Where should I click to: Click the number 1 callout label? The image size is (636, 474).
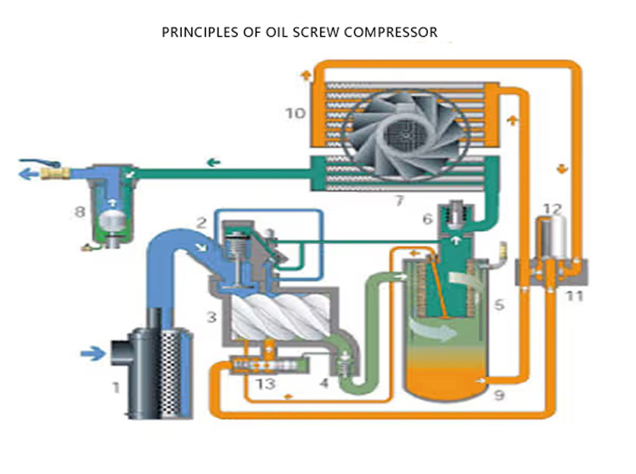[115, 387]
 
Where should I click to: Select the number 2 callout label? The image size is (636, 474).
[201, 222]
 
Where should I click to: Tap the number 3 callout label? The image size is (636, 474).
[211, 317]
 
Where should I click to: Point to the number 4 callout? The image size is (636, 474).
[323, 384]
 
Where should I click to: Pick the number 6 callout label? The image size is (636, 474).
[427, 219]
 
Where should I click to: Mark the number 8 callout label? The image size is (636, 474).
[79, 212]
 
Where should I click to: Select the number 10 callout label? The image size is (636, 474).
[296, 114]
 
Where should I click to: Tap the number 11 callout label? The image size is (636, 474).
[573, 296]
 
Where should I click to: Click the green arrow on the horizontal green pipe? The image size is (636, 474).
[214, 161]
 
